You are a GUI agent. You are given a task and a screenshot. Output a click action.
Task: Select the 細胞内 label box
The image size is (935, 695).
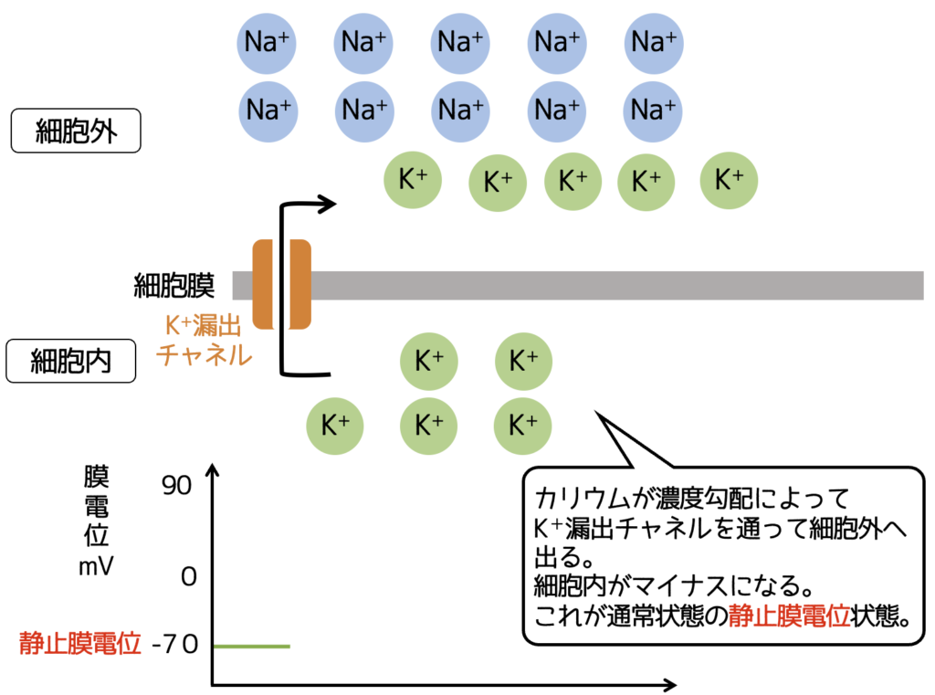(72, 361)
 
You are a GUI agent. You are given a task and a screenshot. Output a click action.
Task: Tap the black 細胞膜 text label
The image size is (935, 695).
(174, 285)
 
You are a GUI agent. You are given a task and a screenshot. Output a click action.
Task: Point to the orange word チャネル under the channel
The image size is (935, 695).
(205, 355)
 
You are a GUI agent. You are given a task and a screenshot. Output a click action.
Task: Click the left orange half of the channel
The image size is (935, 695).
(263, 284)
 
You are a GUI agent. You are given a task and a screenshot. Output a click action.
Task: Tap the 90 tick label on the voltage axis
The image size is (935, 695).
(177, 486)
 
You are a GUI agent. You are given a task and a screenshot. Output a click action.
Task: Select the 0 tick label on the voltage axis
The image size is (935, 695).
(189, 577)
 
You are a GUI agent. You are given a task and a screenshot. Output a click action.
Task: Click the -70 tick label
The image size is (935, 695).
(175, 646)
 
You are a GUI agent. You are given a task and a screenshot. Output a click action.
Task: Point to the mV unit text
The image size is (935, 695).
(96, 566)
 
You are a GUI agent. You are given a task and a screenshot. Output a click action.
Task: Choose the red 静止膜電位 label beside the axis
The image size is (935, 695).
(80, 645)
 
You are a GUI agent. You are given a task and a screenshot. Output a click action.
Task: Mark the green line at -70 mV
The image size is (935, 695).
(252, 646)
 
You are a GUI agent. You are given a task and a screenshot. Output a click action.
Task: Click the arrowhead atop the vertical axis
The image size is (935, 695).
(213, 471)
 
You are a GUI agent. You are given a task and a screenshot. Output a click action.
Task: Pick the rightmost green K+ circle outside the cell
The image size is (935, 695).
(729, 179)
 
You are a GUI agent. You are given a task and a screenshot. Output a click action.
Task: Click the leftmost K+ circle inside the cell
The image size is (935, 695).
(336, 425)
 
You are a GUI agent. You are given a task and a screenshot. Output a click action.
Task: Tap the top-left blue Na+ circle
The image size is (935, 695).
(266, 41)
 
